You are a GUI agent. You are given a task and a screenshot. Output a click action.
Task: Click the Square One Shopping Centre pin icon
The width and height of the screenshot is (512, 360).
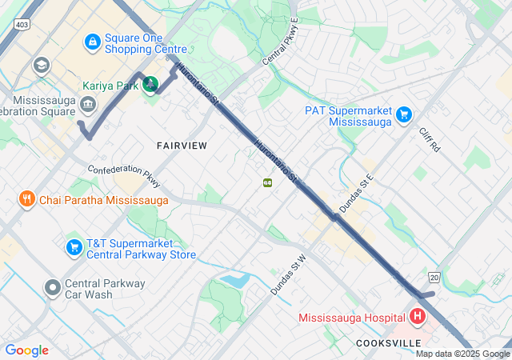pyautogui.click(x=92, y=40)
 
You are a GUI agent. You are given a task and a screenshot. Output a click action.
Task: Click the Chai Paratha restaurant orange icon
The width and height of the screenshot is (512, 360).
pyautogui.click(x=27, y=199)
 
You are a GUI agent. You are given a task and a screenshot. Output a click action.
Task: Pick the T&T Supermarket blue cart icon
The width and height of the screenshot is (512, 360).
pyautogui.click(x=74, y=247)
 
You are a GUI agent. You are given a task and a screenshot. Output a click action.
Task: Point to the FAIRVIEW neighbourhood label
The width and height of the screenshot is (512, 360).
pyautogui.click(x=182, y=146)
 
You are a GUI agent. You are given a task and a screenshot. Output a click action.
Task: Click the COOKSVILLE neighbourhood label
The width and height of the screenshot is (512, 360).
pyautogui.click(x=389, y=342)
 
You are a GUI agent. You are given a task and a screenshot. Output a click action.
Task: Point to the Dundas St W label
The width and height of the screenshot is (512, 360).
pyautogui.click(x=289, y=275)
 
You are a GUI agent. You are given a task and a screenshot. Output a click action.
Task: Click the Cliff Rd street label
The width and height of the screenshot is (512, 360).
pyautogui.click(x=430, y=138)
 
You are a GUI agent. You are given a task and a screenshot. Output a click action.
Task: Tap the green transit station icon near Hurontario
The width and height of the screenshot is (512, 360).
pyautogui.click(x=267, y=182)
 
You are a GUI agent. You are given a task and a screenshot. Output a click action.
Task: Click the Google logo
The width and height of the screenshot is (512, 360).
pyautogui.click(x=26, y=350)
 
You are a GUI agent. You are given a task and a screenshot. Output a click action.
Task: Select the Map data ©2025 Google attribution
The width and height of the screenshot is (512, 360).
pyautogui.click(x=462, y=354)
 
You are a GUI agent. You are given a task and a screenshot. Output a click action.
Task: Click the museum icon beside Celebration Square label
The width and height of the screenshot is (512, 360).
pyautogui.click(x=88, y=102)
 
